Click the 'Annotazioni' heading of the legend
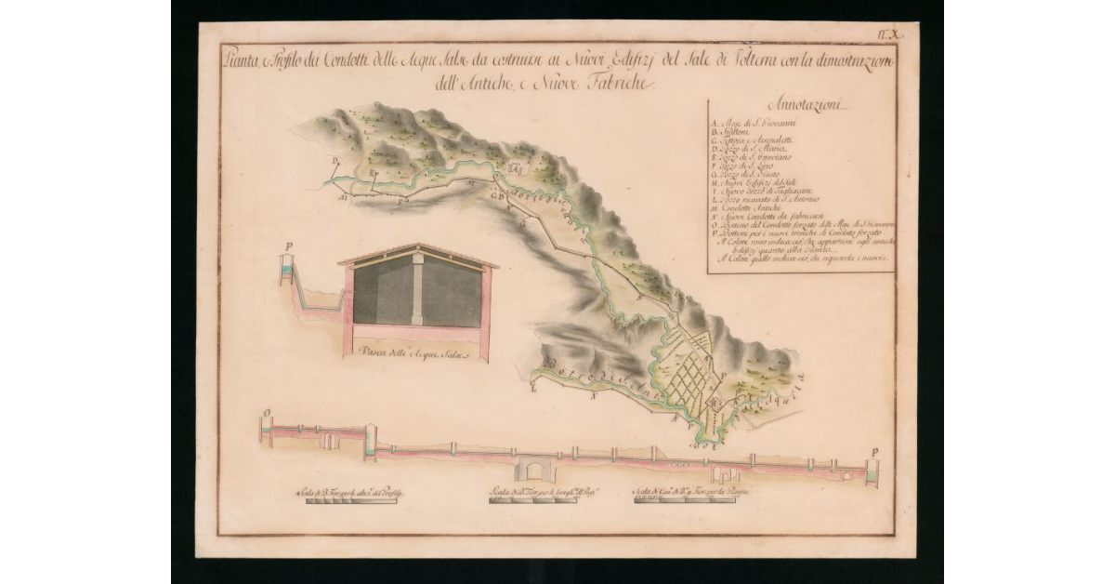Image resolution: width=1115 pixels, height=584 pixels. coord(800,105)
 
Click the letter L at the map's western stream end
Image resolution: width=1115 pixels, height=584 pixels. coord(533,380)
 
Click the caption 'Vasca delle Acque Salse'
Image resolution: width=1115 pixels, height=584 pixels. coord(411,354)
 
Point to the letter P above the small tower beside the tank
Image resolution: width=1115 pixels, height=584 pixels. coord(288,248)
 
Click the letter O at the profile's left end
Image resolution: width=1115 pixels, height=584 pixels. coord(267,410)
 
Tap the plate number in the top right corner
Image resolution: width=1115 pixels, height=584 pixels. coord(887,34)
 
